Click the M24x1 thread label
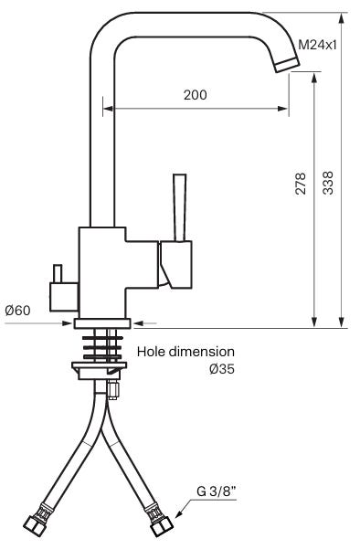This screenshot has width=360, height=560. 317,45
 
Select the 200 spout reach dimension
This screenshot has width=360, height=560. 195,95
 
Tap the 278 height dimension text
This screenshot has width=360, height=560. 301,184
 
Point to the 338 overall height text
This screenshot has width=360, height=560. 327,184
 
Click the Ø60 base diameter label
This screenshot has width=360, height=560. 17,311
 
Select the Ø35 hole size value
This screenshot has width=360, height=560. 222,369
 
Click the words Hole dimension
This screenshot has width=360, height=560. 185,352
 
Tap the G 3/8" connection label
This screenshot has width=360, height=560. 217,491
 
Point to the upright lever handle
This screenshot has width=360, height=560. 180,207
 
